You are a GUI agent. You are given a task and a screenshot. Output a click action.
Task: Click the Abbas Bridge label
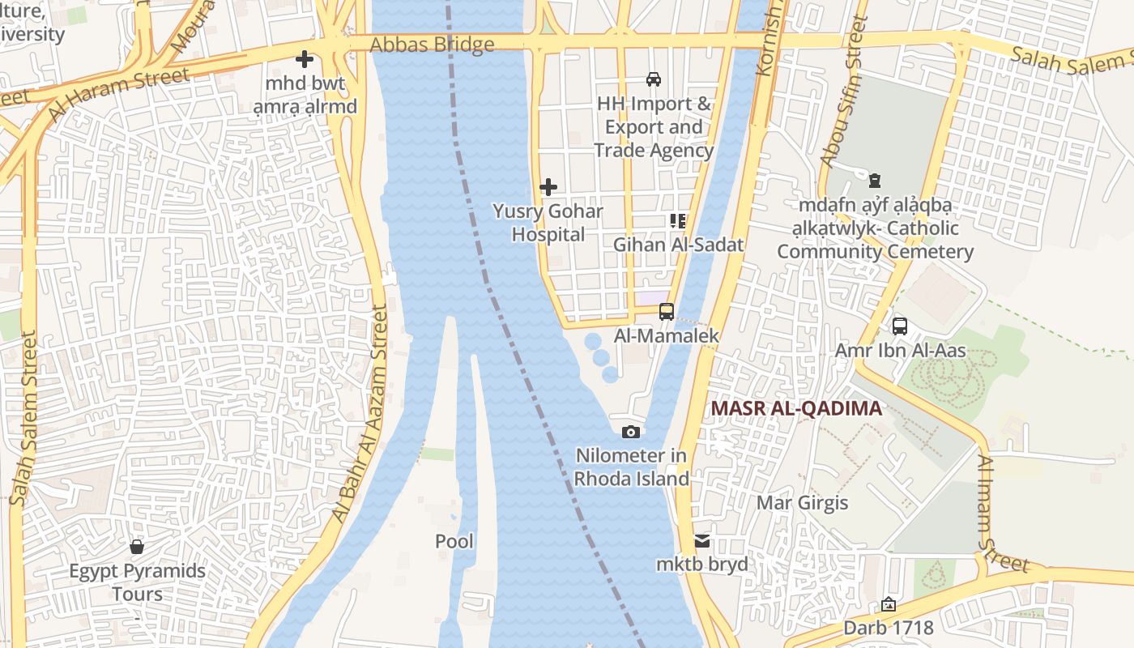(432, 45)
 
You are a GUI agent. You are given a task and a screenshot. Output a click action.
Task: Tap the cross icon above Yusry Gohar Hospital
(548, 187)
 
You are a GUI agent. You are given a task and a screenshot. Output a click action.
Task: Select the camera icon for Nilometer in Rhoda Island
(631, 432)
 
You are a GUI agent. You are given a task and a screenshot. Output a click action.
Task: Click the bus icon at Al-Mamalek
(667, 311)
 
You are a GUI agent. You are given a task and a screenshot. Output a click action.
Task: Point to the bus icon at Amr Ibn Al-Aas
(900, 326)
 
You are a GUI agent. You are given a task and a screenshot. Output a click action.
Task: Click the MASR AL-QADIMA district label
(796, 409)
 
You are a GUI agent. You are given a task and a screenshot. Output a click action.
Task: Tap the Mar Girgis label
(802, 503)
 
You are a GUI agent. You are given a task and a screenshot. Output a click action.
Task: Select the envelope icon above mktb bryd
(702, 540)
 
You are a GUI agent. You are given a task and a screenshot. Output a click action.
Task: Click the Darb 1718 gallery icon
(889, 604)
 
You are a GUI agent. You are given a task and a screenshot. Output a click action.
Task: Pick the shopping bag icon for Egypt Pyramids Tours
(137, 547)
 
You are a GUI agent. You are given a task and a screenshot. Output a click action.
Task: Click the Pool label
(454, 542)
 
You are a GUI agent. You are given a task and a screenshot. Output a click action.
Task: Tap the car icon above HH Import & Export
(653, 79)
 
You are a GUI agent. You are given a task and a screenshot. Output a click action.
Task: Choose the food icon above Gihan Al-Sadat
(678, 220)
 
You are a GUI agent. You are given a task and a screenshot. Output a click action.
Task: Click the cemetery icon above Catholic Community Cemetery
(875, 180)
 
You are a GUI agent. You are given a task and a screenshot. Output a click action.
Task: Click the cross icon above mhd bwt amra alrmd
(305, 59)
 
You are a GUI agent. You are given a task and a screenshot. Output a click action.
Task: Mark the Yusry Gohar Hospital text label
(548, 223)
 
